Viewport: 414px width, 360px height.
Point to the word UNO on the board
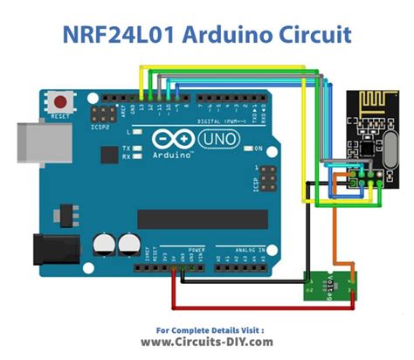point(206,139)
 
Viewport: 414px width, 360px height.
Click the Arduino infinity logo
point(166,139)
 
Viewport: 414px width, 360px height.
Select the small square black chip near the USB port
point(107,156)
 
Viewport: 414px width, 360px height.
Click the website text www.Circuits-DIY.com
point(207,343)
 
